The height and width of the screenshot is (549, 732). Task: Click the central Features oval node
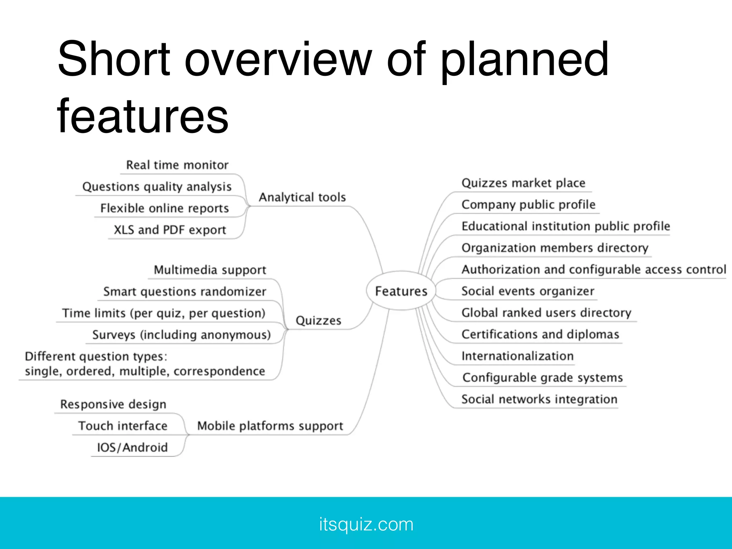pyautogui.click(x=401, y=291)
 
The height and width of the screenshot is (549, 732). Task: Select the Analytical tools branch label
pyautogui.click(x=302, y=197)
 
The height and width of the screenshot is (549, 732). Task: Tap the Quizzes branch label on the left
pyautogui.click(x=318, y=320)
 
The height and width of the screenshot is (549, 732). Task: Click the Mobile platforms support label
pyautogui.click(x=270, y=426)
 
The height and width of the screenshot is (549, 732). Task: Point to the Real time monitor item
pyautogui.click(x=177, y=165)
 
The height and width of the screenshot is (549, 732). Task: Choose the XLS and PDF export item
pyautogui.click(x=170, y=230)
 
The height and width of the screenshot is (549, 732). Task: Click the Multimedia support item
pyautogui.click(x=210, y=270)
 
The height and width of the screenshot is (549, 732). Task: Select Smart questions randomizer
pyautogui.click(x=184, y=292)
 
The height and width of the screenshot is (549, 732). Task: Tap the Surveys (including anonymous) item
pyautogui.click(x=181, y=335)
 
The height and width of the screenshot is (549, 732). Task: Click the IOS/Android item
pyautogui.click(x=132, y=447)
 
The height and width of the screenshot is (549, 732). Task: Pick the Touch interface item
pyautogui.click(x=123, y=426)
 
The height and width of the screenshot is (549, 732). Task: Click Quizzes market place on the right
pyautogui.click(x=523, y=183)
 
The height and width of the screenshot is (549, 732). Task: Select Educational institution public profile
pyautogui.click(x=565, y=226)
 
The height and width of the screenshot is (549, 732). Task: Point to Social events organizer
pyautogui.click(x=528, y=291)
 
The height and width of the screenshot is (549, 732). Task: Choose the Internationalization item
pyautogui.click(x=517, y=356)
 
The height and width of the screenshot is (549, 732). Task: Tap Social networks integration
pyautogui.click(x=539, y=399)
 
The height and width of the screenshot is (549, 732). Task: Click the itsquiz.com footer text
pyautogui.click(x=366, y=524)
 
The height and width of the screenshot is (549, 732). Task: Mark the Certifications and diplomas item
pyautogui.click(x=540, y=334)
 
